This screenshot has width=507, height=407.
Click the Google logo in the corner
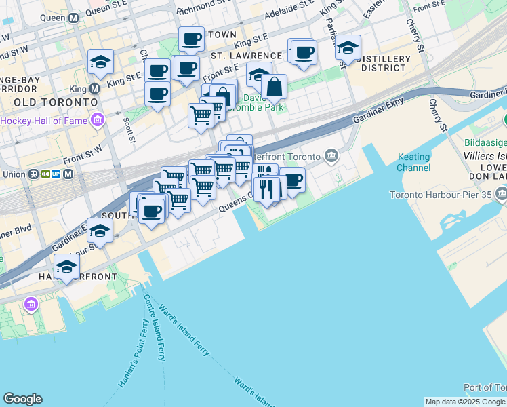coord(22,399)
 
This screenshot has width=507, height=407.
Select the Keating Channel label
coord(413,162)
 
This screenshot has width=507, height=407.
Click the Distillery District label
coord(383,63)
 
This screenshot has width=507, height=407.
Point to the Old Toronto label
coord(56,102)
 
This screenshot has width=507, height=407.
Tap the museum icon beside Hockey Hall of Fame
coord(98,121)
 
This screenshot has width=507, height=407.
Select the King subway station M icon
coord(94,88)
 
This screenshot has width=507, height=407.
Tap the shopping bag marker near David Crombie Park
coord(274,88)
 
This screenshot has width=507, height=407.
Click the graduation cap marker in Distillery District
coord(348,48)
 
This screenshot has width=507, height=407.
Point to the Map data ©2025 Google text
coord(465,402)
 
